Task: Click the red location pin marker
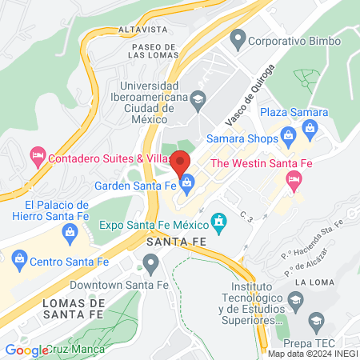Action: [x=182, y=160]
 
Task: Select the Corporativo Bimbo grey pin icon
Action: [x=237, y=38]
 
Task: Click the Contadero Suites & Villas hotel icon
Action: [x=37, y=153]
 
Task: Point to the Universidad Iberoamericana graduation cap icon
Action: [x=197, y=98]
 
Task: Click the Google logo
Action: [x=26, y=350]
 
